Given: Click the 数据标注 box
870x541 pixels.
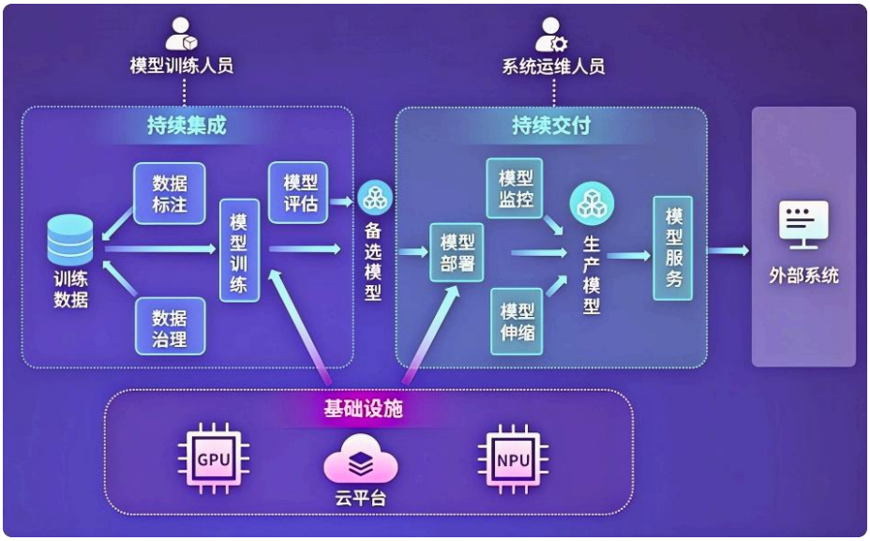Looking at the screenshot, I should pos(170,194).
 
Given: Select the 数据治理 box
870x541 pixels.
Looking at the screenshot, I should pos(170,329).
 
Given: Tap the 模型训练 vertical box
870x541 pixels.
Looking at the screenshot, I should pos(239,250).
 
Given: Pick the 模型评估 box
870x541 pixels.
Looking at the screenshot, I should pos(299,192).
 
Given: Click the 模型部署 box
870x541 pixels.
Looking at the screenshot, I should pos(457,252).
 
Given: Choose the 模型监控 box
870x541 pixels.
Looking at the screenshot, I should pos(515,188).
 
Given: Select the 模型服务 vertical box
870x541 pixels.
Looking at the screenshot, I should pos(673,248).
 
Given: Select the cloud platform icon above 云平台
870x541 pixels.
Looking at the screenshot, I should pos(361,461).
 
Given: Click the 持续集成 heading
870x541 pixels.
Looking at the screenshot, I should pos(187,125).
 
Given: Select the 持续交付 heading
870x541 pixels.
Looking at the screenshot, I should pos(550,125).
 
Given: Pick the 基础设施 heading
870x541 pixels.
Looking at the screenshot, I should pos(364,409).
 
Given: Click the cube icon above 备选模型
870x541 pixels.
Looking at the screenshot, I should pos(375,197).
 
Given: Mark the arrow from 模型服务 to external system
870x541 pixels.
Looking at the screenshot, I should pos(727,250).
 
